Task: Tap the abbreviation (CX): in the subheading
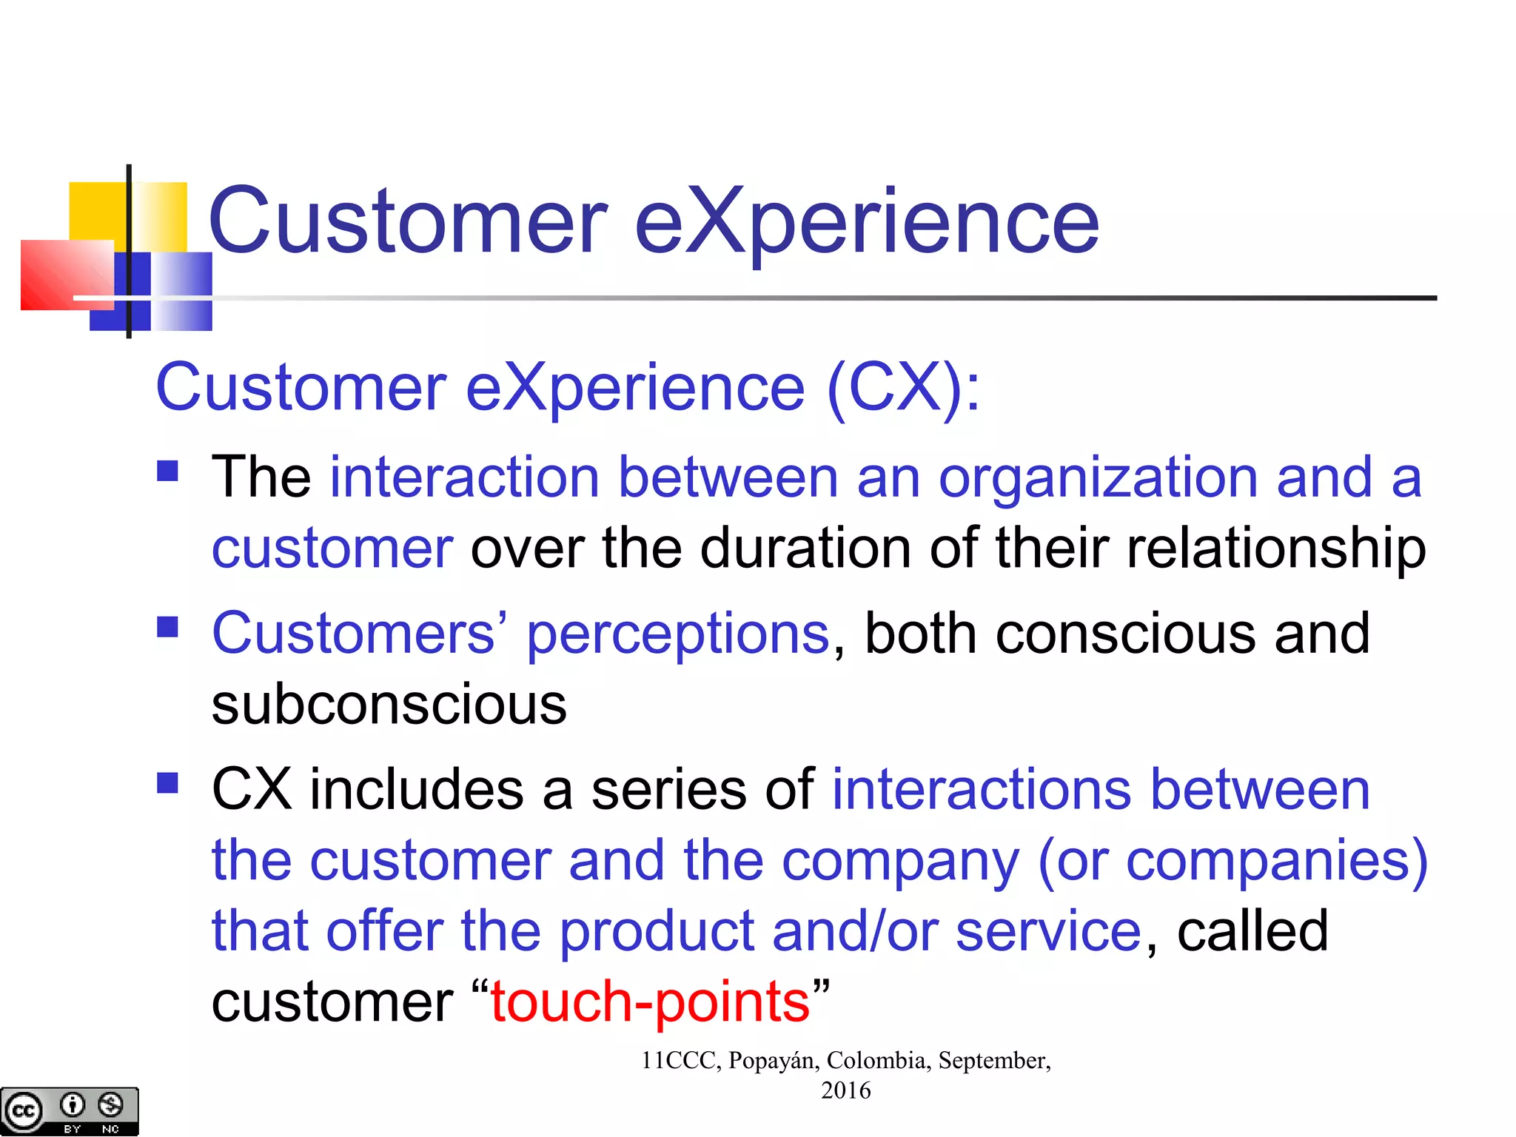coord(903,389)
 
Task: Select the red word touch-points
coord(650,1002)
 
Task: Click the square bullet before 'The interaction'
coord(168,471)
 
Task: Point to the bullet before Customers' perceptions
coord(168,627)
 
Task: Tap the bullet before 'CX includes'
coord(168,782)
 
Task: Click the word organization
coord(1098,478)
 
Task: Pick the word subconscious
coord(389,704)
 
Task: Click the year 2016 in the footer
coord(845,1090)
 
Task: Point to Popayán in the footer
coord(773,1060)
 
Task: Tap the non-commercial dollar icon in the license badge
coord(111,1105)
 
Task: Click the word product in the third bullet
coord(656,931)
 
